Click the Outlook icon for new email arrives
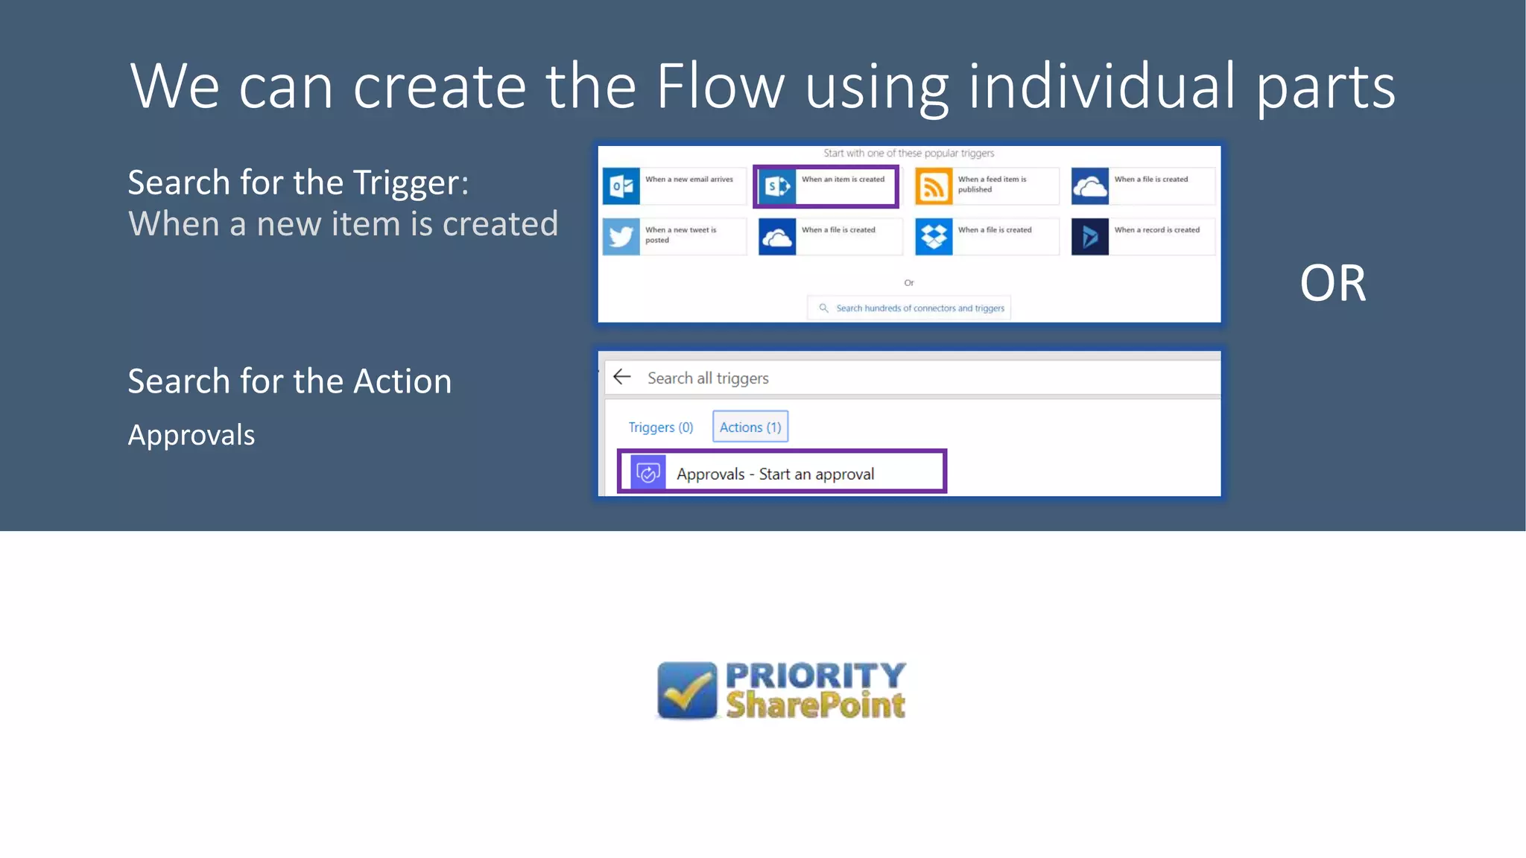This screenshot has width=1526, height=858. pyautogui.click(x=621, y=186)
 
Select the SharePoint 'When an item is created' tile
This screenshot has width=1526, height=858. pyautogui.click(x=826, y=186)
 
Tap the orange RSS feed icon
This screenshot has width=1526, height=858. pyautogui.click(x=934, y=186)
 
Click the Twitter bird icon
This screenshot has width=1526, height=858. pyautogui.click(x=621, y=237)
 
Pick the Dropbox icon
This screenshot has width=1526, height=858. pyautogui.click(x=934, y=237)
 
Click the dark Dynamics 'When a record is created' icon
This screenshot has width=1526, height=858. pyautogui.click(x=1089, y=237)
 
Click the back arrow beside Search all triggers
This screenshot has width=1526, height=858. pyautogui.click(x=622, y=377)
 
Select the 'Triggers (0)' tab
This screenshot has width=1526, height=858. pyautogui.click(x=660, y=427)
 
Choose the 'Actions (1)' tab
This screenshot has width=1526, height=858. pyautogui.click(x=750, y=427)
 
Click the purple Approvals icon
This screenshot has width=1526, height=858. pyautogui.click(x=648, y=473)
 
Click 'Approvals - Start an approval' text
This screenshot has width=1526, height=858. pyautogui.click(x=775, y=474)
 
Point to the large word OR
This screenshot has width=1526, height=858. pyautogui.click(x=1332, y=284)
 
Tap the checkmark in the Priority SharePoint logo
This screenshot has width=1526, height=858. pyautogui.click(x=687, y=690)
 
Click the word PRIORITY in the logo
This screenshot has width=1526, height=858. pyautogui.click(x=815, y=676)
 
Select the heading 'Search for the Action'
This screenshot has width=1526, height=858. pyautogui.click(x=289, y=381)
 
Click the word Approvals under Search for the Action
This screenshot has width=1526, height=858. pyautogui.click(x=191, y=435)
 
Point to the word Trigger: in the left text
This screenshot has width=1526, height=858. pyautogui.click(x=411, y=183)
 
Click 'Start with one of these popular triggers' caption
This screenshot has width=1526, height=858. pyautogui.click(x=908, y=153)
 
